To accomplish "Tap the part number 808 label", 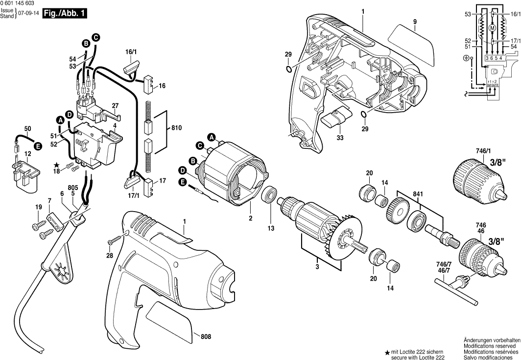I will point(206,336).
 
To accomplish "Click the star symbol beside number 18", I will point(57,165).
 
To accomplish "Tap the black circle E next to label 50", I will point(37,145).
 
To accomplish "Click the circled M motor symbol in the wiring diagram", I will point(493,28).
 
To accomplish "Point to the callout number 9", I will point(414,22).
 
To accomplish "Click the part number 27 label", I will point(116,105).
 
